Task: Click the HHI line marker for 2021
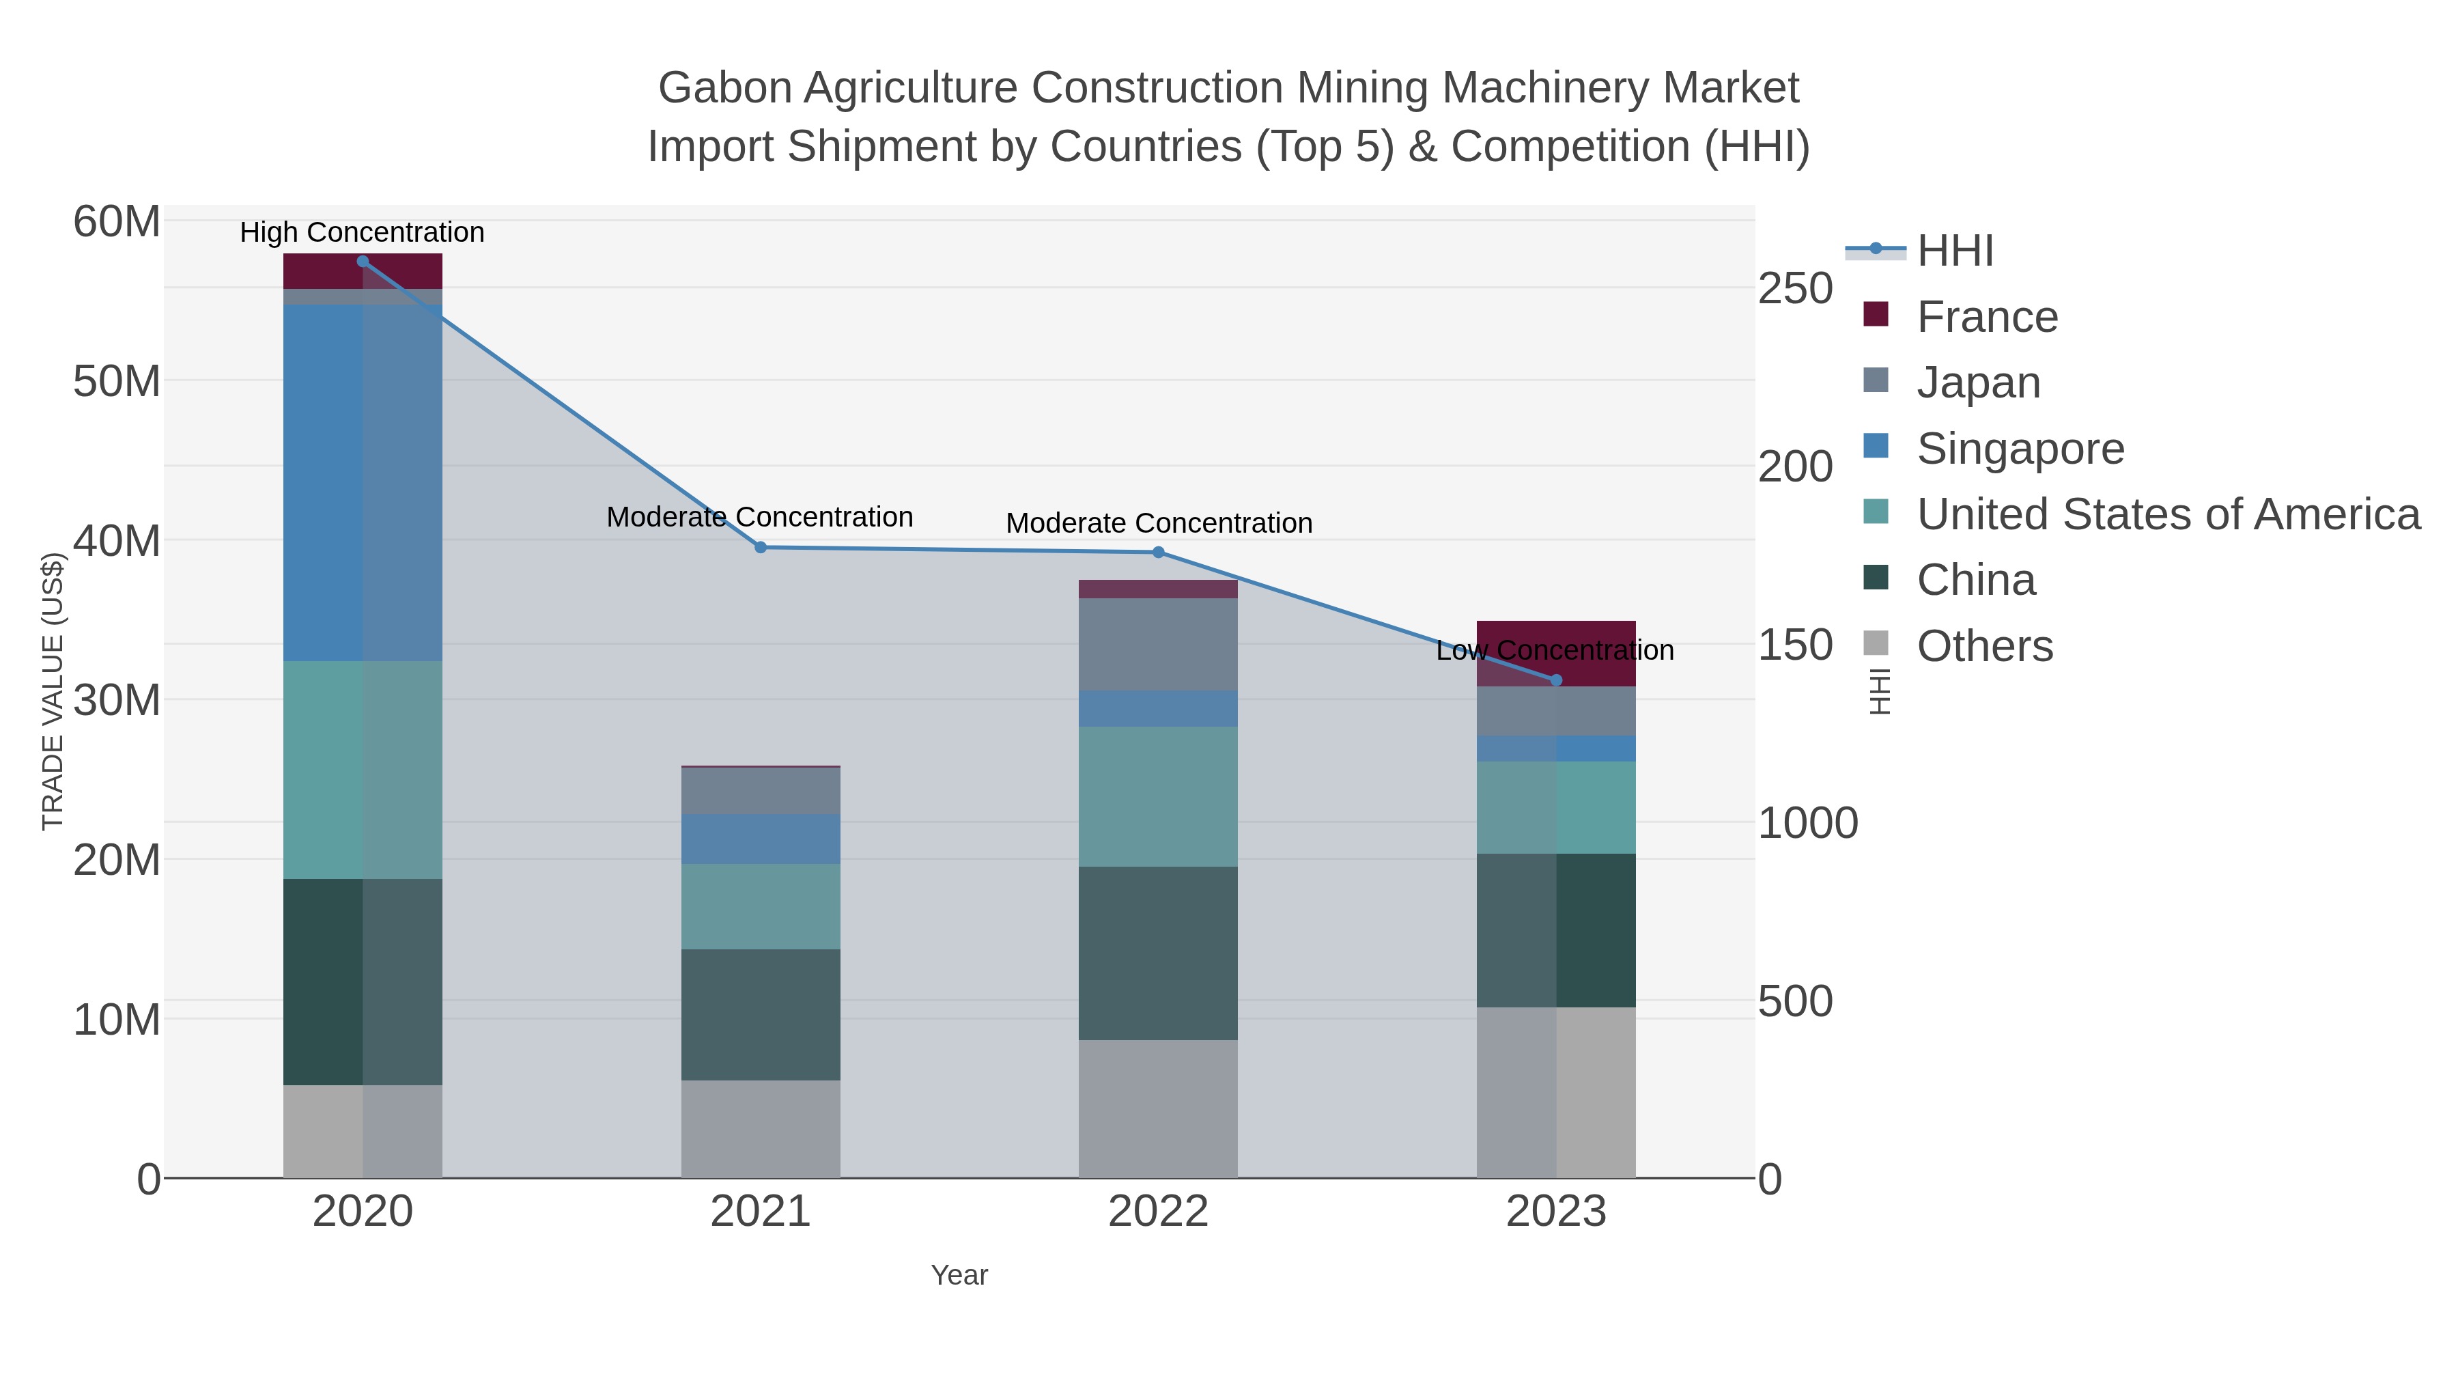[x=761, y=548]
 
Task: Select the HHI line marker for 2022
[x=1159, y=553]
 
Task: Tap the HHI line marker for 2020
[x=363, y=262]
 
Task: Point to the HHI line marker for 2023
[x=1556, y=680]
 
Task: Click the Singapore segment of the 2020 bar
[x=363, y=483]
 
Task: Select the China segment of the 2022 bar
[x=1159, y=953]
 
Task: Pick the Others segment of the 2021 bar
[x=761, y=1129]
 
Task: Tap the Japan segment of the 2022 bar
[x=1159, y=644]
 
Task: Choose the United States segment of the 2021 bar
[x=761, y=907]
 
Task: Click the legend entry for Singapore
[x=2020, y=449]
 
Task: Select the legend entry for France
[x=1987, y=317]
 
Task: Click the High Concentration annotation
[x=363, y=233]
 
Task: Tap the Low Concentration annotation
[x=1555, y=651]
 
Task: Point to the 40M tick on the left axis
[x=116, y=541]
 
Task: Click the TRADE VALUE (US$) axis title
[x=53, y=691]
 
